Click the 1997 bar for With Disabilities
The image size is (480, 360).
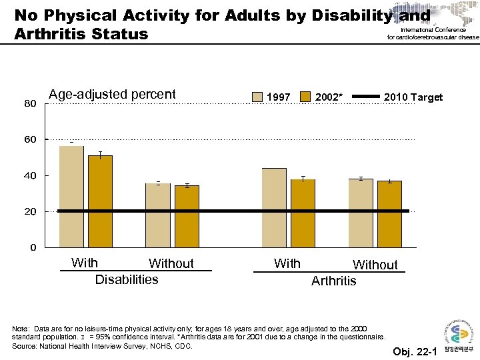pyautogui.click(x=71, y=197)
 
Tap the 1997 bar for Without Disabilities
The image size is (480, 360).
pyautogui.click(x=158, y=215)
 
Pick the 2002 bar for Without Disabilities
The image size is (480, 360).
pyautogui.click(x=187, y=217)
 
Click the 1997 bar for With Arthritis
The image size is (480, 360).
pyautogui.click(x=274, y=207)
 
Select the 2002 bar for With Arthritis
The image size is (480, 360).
pyautogui.click(x=303, y=213)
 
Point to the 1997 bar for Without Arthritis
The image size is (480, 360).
pyautogui.click(x=361, y=213)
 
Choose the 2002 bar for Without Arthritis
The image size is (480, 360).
pyautogui.click(x=389, y=214)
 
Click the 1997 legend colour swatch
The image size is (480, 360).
pyautogui.click(x=257, y=97)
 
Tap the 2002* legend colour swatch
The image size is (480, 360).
pyautogui.click(x=305, y=97)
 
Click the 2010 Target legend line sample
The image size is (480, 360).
pyautogui.click(x=365, y=97)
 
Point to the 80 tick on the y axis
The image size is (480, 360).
pyautogui.click(x=30, y=104)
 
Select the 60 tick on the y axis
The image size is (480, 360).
pyautogui.click(x=30, y=140)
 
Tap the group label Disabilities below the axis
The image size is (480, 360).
pyautogui.click(x=127, y=279)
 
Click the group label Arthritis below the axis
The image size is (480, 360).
pyautogui.click(x=334, y=281)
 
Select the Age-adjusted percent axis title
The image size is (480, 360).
pyautogui.click(x=112, y=94)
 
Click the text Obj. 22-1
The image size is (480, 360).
pyautogui.click(x=413, y=351)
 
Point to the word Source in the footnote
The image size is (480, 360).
pyautogui.click(x=26, y=346)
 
